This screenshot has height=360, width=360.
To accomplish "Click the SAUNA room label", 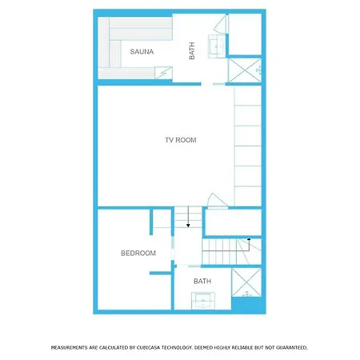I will pos(142,52).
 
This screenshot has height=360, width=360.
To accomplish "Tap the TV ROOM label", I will pos(180,140).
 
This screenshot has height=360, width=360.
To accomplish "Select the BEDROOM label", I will pos(138,253).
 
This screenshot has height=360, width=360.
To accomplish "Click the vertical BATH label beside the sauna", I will pos(192,52).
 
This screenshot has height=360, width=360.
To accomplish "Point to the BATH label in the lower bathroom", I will pos(202,281).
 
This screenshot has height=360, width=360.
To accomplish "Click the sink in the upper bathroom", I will pos(217,46).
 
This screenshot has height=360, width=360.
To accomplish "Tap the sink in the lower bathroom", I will pos(202,301).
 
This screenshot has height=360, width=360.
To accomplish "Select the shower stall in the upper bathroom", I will pos(245,70).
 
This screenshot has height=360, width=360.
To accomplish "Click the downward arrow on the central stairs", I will pos(188,225).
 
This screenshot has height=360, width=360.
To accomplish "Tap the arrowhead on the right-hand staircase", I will pos(249,239).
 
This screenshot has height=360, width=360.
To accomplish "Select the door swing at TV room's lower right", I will pos(214,200).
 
